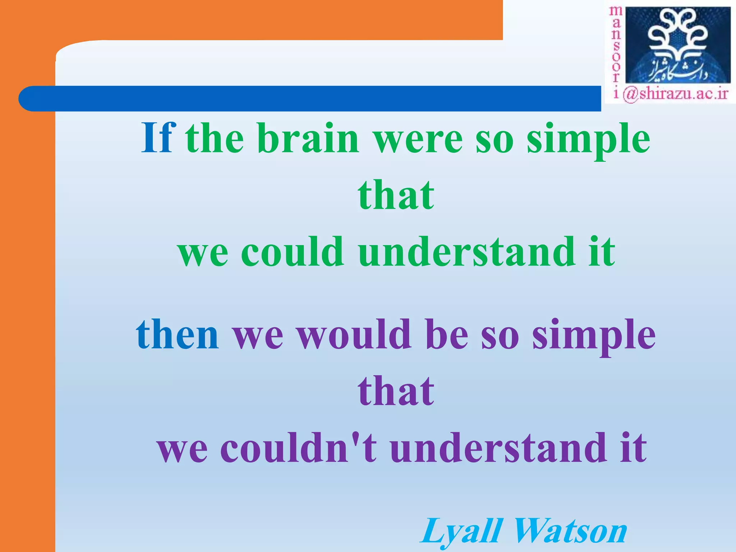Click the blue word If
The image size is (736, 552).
pos(158,138)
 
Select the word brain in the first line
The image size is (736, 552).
pos(308,138)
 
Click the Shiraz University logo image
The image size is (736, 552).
pos(678,45)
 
